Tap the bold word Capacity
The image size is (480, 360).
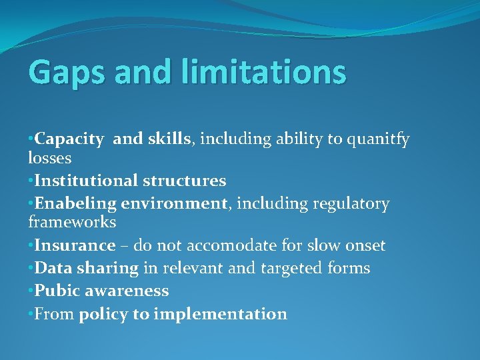pyautogui.click(x=69, y=140)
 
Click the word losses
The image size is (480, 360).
pyautogui.click(x=50, y=159)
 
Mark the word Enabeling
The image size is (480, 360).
pyautogui.click(x=73, y=203)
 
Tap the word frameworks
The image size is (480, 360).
pyautogui.click(x=72, y=222)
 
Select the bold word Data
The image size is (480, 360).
pyautogui.click(x=52, y=268)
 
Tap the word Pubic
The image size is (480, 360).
pyautogui.click(x=55, y=291)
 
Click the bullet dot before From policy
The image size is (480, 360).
pyautogui.click(x=31, y=314)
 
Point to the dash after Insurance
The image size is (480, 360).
pyautogui.click(x=125, y=246)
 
